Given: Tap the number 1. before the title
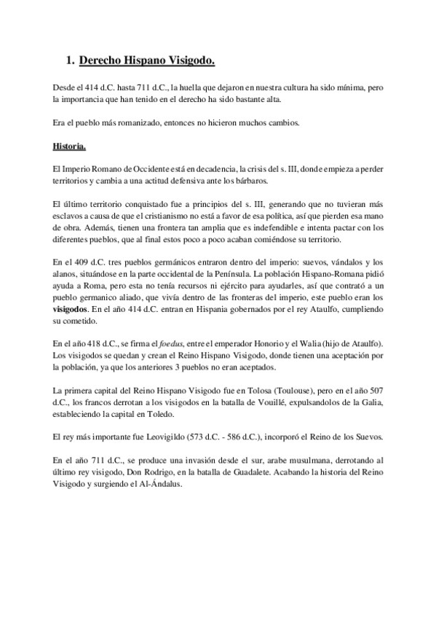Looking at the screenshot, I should click(x=70, y=62).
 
